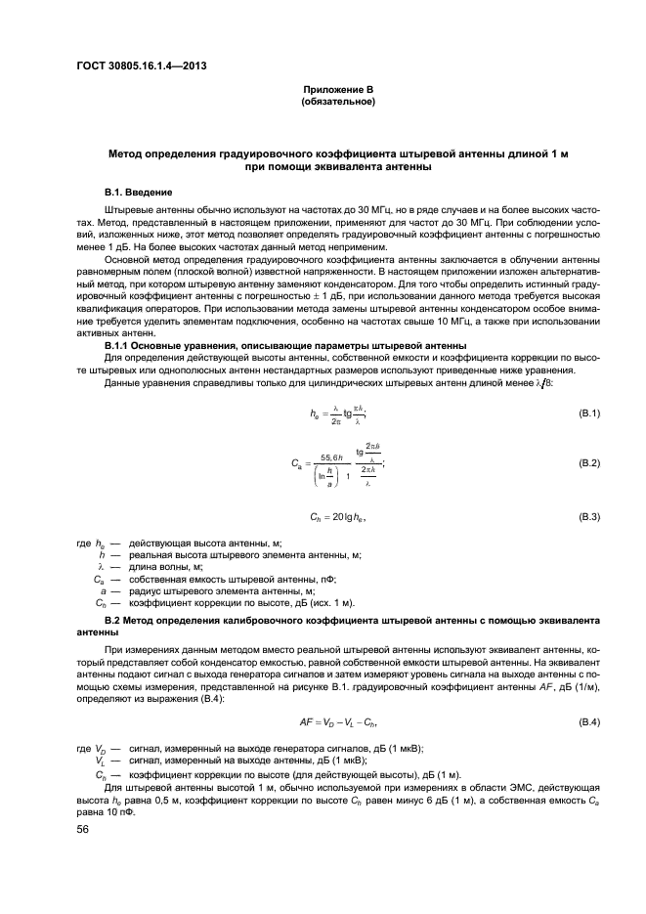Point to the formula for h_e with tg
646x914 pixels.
(x=337, y=413)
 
